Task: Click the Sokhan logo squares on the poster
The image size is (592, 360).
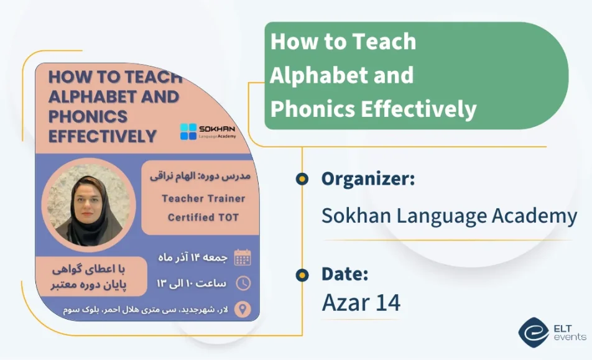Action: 188,131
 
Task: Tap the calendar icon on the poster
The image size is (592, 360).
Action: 242,257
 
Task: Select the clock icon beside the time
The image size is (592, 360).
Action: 242,283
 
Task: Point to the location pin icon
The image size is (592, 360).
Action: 242,309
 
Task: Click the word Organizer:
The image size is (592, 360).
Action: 368,179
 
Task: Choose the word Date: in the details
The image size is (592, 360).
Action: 345,274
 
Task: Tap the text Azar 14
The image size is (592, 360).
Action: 361,302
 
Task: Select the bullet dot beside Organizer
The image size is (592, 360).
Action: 302,179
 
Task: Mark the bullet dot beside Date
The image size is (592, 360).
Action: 302,274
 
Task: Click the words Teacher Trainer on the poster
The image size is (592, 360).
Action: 203,199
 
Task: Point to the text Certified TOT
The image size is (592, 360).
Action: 203,218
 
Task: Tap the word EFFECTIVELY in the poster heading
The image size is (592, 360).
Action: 102,136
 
